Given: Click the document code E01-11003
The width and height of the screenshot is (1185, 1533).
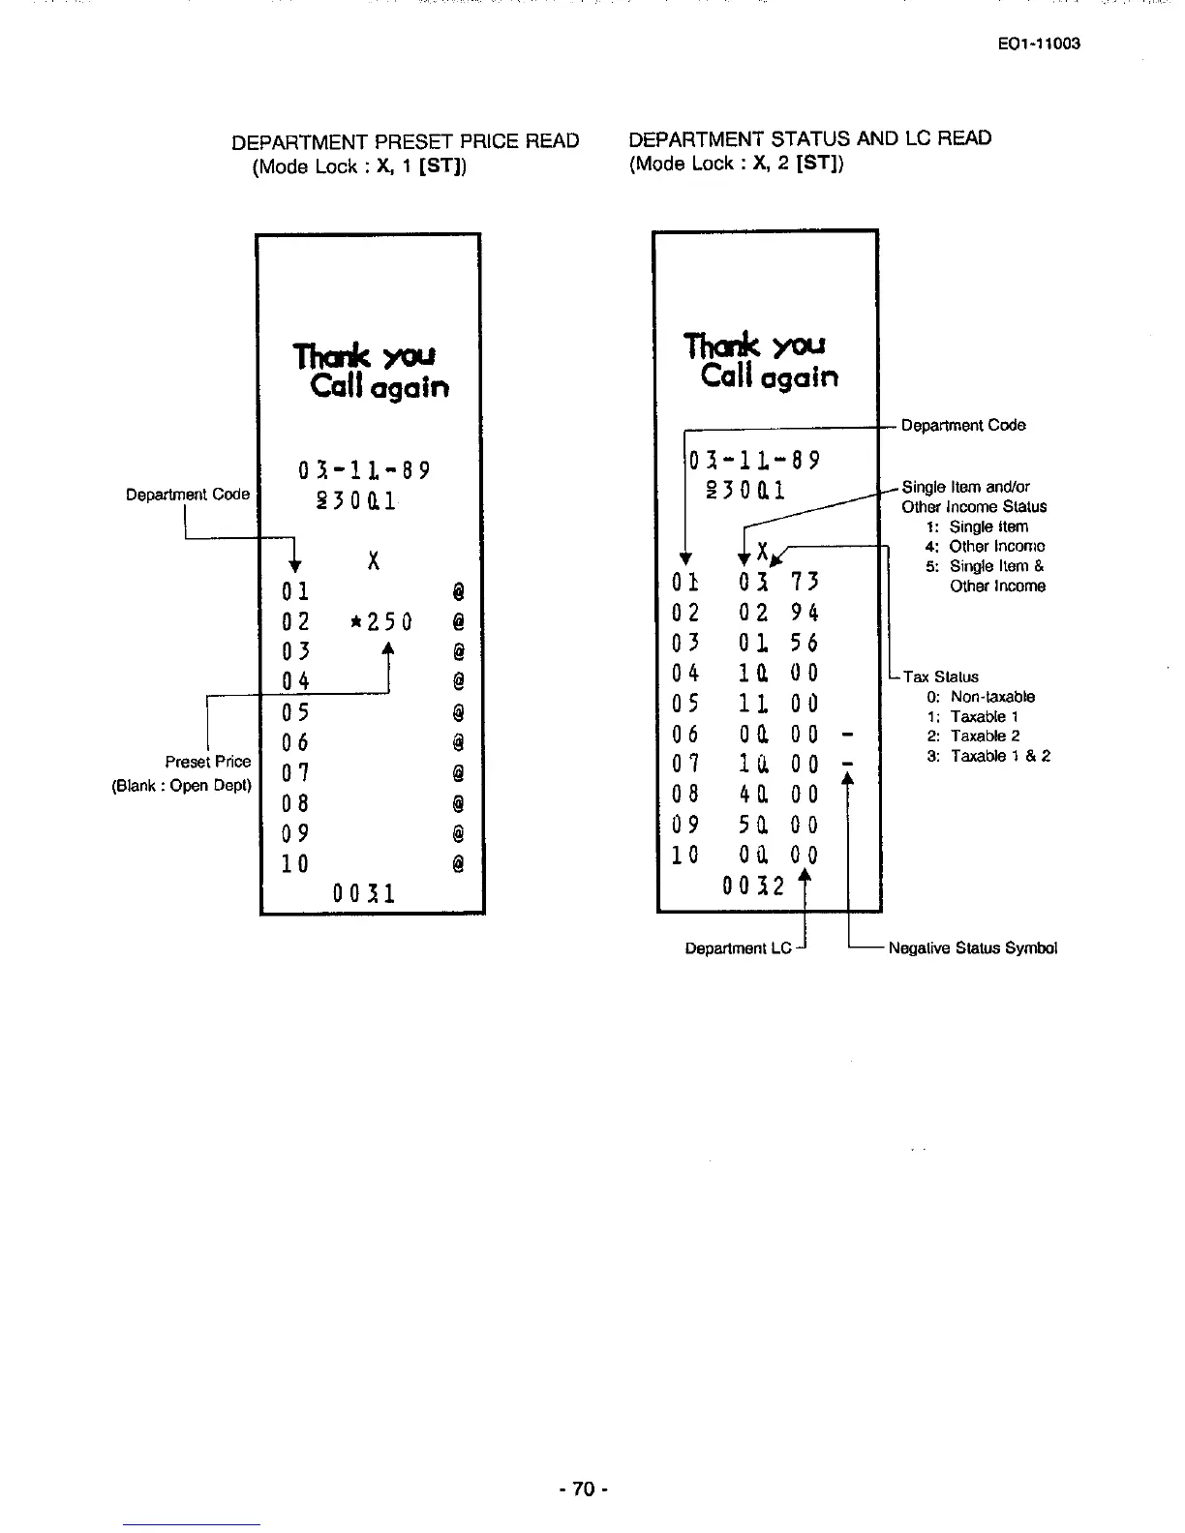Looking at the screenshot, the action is pyautogui.click(x=1038, y=44).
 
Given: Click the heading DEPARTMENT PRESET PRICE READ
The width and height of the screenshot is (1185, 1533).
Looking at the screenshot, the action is pyautogui.click(x=405, y=141).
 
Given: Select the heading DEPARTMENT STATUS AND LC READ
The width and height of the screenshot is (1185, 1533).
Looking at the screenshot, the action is pyautogui.click(x=809, y=138).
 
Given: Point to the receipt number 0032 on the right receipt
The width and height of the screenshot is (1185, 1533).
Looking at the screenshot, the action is pyautogui.click(x=752, y=884).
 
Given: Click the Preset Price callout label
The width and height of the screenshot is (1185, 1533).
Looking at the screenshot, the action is pyautogui.click(x=207, y=762).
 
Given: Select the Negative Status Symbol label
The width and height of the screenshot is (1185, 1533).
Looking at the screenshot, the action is pyautogui.click(x=972, y=947).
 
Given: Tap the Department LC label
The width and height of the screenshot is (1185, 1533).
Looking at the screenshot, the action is pyautogui.click(x=738, y=948).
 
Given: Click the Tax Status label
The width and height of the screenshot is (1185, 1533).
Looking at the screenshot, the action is pyautogui.click(x=940, y=677).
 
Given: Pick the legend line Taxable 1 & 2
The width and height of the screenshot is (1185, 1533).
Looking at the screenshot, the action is pyautogui.click(x=987, y=756).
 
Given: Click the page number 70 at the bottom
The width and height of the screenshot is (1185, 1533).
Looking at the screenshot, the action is pyautogui.click(x=582, y=1488).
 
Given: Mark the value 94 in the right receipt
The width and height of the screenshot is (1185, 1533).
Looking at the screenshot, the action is pyautogui.click(x=804, y=613).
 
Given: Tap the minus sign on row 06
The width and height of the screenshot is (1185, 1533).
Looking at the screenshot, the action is pyautogui.click(x=846, y=734).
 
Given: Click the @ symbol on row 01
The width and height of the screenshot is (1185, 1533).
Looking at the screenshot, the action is pyautogui.click(x=458, y=589).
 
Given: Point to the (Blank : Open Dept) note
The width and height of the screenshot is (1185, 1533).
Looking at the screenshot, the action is pyautogui.click(x=182, y=785).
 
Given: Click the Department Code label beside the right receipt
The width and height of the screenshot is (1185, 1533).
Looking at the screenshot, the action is pyautogui.click(x=962, y=425).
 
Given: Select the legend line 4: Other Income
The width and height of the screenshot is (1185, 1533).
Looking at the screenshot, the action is pyautogui.click(x=985, y=546).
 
